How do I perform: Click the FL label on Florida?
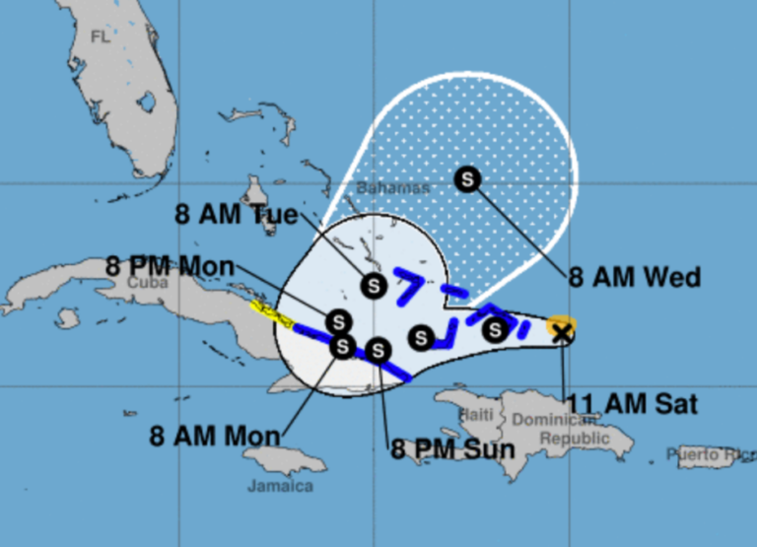100,36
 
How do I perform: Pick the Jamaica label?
281,486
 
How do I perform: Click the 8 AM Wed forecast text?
635,277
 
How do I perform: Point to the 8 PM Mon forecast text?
169,265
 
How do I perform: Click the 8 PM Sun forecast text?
452,450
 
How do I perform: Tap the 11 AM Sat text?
632,403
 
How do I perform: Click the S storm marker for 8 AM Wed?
468,179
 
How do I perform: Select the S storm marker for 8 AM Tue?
373,286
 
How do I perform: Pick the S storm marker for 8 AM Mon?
342,346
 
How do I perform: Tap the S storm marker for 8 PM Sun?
378,349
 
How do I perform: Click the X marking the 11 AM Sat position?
562,333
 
